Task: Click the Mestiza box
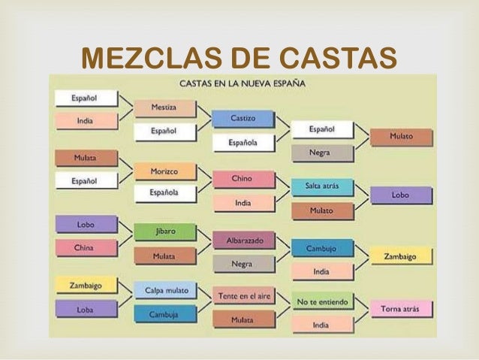164,108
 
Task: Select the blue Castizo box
243,119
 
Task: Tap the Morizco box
164,171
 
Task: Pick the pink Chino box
242,180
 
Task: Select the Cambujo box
321,248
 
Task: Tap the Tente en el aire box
243,297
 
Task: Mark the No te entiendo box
322,302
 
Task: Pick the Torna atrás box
400,308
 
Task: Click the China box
84,247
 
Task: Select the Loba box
84,309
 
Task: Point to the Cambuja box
164,315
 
